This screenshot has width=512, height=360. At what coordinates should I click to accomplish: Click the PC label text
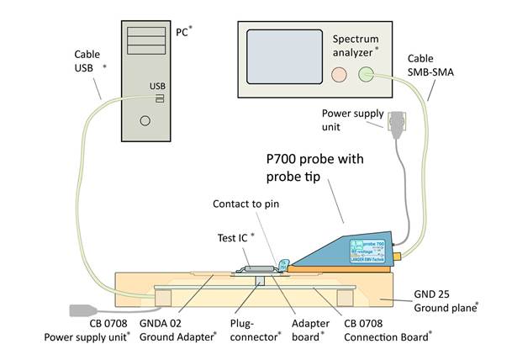pos(182,32)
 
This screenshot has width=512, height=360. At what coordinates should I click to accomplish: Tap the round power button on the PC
pos(145,120)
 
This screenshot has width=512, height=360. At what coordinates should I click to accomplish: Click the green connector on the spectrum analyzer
pos(366,74)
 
